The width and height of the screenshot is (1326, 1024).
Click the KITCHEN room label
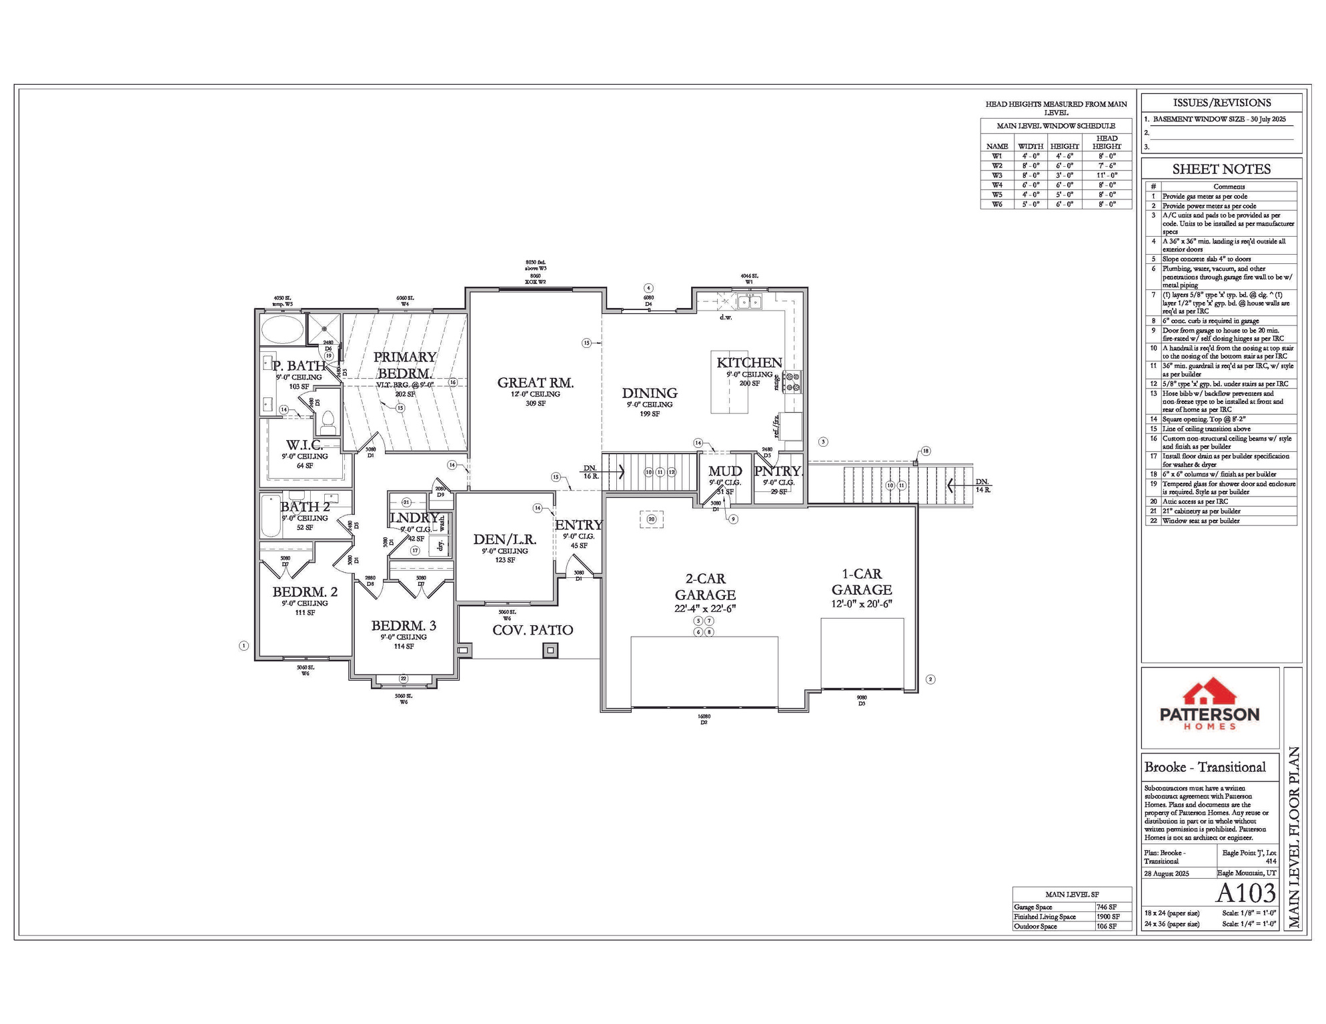pyautogui.click(x=749, y=363)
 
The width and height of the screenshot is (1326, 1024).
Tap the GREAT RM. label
pyautogui.click(x=535, y=383)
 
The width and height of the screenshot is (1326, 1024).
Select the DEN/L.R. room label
pyautogui.click(x=505, y=539)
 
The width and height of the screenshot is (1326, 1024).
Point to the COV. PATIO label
pyautogui.click(x=532, y=630)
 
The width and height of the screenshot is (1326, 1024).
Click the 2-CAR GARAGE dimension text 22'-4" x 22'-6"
pyautogui.click(x=704, y=609)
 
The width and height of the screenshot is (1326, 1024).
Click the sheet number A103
pyautogui.click(x=1245, y=893)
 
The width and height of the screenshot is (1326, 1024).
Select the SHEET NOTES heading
pyautogui.click(x=1221, y=169)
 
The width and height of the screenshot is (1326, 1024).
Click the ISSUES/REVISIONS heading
pyautogui.click(x=1221, y=103)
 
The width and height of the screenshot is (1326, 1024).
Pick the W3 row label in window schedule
pyautogui.click(x=997, y=175)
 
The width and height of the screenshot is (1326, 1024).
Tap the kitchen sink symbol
pyautogui.click(x=750, y=303)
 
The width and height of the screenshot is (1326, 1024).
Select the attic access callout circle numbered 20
pyautogui.click(x=652, y=519)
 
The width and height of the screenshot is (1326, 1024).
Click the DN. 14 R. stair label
pyautogui.click(x=982, y=485)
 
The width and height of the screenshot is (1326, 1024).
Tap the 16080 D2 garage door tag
pyautogui.click(x=703, y=719)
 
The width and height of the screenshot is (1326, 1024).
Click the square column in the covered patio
pyautogui.click(x=550, y=650)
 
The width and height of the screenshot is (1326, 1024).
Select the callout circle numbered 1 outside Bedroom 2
pyautogui.click(x=244, y=645)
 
